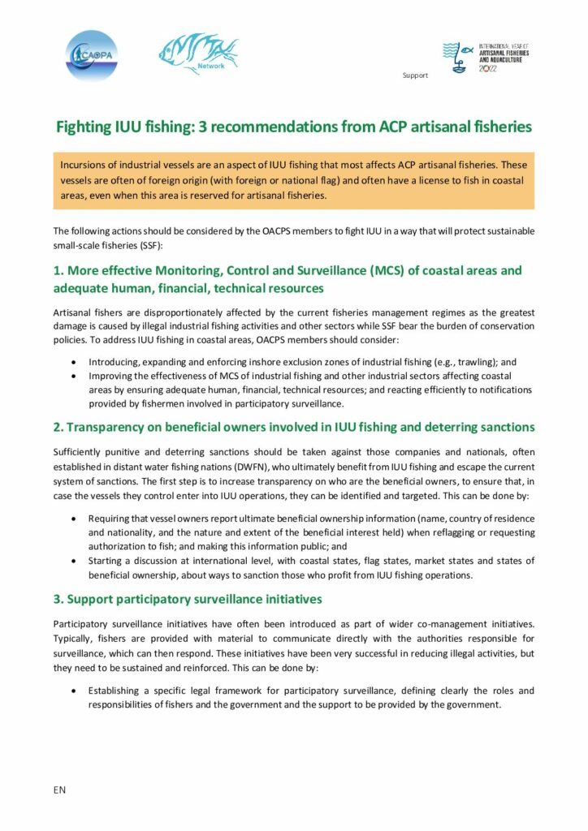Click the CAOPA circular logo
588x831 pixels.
coord(92,55)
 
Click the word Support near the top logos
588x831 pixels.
coord(414,75)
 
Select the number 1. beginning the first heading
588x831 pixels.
coord(58,270)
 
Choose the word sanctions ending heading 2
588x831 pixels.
coord(504,428)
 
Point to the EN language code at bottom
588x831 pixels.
coord(59,790)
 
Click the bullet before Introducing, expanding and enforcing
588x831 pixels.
coord(76,362)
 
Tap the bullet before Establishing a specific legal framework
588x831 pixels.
coord(76,691)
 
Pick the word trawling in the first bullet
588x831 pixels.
coord(471,362)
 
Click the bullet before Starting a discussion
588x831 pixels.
coord(76,560)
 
